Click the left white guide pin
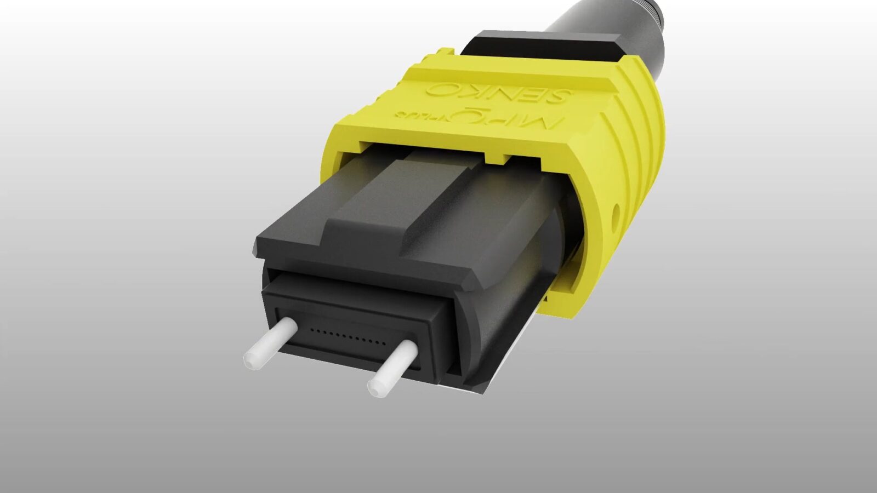pyautogui.click(x=272, y=343)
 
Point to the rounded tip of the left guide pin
pyautogui.click(x=251, y=359)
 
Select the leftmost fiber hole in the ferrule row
pyautogui.click(x=311, y=330)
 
